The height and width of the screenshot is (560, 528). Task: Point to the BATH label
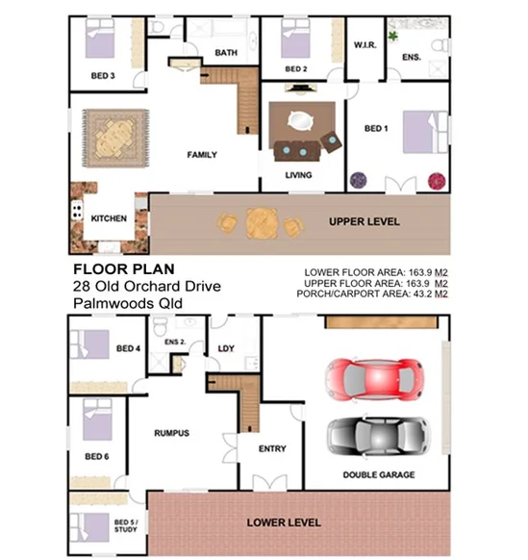coord(226,53)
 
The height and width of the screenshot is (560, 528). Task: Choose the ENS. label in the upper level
coord(412,58)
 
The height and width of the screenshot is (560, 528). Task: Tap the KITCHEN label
coord(109,218)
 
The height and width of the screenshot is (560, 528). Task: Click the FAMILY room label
coord(201,155)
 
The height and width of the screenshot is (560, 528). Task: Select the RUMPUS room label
coord(171,433)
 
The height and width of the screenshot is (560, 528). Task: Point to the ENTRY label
coord(273,448)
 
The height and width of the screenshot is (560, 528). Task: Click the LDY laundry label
coord(227,348)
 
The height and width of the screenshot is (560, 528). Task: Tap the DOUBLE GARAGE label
coord(378,475)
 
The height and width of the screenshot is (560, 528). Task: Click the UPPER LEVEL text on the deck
coord(365,222)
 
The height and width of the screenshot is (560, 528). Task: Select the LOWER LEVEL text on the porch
coord(284,523)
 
